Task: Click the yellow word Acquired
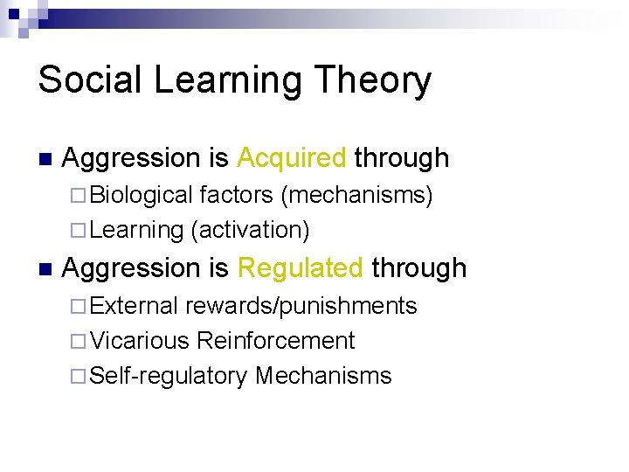(x=292, y=158)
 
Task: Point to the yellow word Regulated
(x=300, y=268)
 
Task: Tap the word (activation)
(x=249, y=229)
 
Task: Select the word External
(x=135, y=306)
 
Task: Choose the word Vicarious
(x=140, y=341)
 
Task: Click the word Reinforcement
(x=276, y=341)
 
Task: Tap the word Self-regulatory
(x=169, y=376)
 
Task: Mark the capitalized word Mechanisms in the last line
(x=323, y=376)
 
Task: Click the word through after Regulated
(x=419, y=268)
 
